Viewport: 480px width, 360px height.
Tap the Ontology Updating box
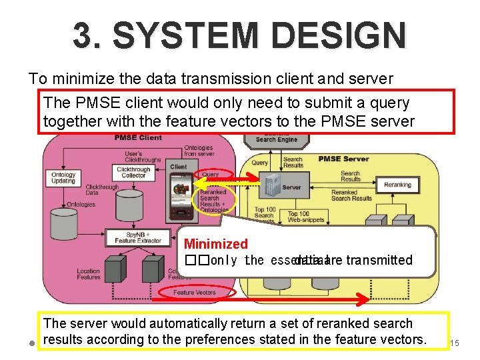(63, 177)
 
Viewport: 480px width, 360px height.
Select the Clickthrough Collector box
(133, 172)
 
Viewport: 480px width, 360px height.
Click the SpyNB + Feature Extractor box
(138, 237)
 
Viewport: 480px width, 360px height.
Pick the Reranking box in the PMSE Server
(398, 185)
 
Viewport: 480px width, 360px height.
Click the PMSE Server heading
(343, 159)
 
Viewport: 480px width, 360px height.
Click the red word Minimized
(215, 244)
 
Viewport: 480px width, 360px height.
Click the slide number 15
(455, 343)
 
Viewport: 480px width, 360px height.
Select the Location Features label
(88, 274)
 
